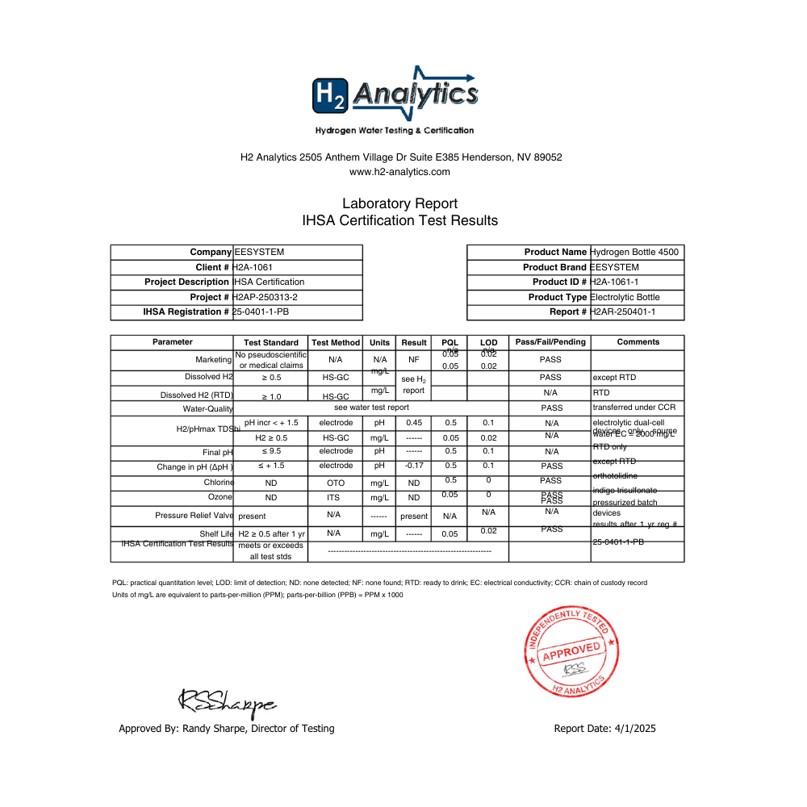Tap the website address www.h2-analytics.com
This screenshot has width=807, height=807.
pos(399,171)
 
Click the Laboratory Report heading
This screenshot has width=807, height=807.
pos(399,203)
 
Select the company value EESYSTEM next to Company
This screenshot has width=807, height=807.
pos(258,252)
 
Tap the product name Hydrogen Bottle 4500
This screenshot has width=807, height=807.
pos(634,252)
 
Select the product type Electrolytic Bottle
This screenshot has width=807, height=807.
pos(625,297)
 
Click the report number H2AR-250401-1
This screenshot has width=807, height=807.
pos(623,312)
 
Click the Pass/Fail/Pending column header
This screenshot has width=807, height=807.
pos(550,342)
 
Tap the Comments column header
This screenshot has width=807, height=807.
pos(638,342)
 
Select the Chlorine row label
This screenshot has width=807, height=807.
pos(219,483)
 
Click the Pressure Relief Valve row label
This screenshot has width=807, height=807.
pos(194,515)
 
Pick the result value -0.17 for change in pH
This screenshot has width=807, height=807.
pos(414,466)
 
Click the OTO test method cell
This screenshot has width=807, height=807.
pos(335,483)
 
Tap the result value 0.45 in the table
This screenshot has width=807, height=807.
pos(414,422)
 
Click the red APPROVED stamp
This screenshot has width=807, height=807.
pos(571,652)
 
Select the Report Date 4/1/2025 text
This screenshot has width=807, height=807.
pos(604,728)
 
